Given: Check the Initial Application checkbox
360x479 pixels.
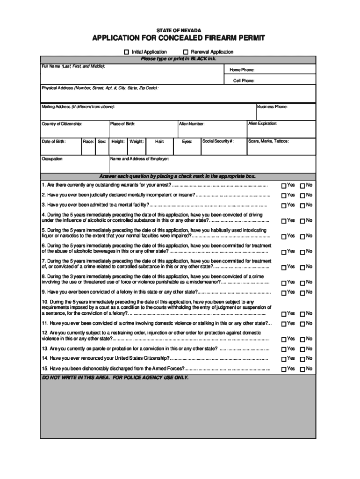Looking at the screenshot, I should click(x=126, y=52).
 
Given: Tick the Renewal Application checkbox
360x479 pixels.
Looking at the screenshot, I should click(x=186, y=52).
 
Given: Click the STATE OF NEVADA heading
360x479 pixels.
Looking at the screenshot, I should click(x=179, y=30).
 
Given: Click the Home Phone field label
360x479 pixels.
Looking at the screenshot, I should click(x=241, y=70).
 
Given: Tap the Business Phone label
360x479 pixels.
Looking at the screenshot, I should click(x=272, y=107).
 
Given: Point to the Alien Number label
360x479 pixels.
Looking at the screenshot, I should click(x=192, y=124).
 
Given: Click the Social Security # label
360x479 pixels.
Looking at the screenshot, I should click(x=218, y=141).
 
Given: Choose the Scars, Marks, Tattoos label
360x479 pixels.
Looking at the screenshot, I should click(x=268, y=141).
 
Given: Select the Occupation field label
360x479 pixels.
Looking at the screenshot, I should click(x=53, y=159).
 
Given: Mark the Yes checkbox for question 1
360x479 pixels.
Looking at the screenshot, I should click(x=283, y=186).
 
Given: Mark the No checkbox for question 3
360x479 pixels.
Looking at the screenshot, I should click(x=302, y=205).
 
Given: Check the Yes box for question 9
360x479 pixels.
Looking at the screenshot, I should click(x=283, y=293).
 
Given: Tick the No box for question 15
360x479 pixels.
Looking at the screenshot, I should click(x=302, y=369).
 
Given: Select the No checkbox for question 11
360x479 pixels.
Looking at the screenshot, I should click(x=302, y=324).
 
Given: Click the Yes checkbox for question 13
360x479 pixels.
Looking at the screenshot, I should click(x=283, y=349).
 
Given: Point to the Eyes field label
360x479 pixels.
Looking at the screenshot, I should click(x=187, y=141).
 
